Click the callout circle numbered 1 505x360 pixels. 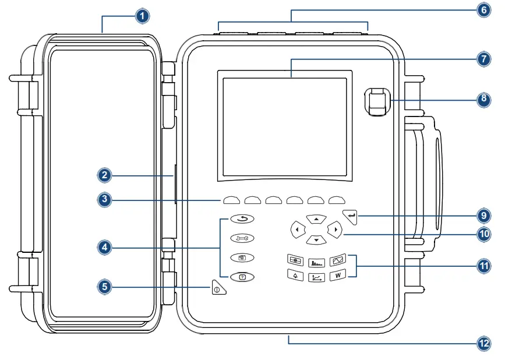click(142, 16)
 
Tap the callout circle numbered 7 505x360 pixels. click(483, 59)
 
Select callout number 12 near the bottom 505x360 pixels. click(483, 344)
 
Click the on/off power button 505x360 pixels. click(218, 288)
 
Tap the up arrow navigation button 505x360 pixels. click(316, 218)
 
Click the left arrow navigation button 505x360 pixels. click(297, 230)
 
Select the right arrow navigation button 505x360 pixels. click(334, 230)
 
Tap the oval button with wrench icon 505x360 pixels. click(242, 238)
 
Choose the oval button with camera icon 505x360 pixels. click(242, 257)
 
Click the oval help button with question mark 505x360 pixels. click(242, 277)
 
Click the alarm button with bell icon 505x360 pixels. click(295, 276)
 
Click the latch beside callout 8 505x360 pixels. click(377, 101)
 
